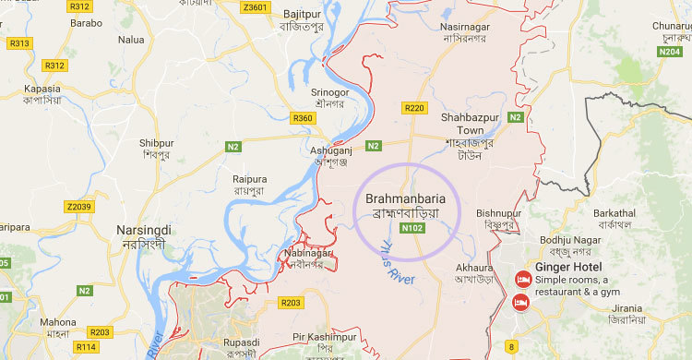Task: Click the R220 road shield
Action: point(414,109)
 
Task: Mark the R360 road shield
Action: point(303,118)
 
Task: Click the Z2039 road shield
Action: point(79,207)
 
